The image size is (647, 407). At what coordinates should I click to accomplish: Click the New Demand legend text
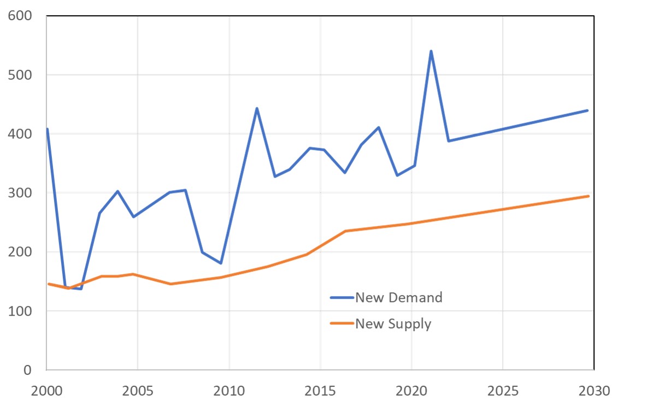click(x=398, y=298)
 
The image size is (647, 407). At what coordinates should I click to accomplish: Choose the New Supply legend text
click(x=393, y=324)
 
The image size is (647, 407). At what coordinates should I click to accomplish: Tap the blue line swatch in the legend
click(x=342, y=298)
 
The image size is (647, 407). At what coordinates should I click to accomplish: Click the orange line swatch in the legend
click(x=342, y=324)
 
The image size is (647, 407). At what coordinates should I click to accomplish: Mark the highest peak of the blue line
click(x=431, y=51)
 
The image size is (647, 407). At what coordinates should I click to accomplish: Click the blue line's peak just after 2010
click(x=257, y=108)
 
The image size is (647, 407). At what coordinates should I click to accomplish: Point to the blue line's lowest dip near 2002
click(x=81, y=288)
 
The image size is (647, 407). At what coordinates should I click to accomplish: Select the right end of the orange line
click(x=588, y=196)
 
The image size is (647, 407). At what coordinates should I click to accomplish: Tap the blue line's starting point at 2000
click(x=48, y=129)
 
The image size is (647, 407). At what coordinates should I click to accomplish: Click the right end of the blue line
click(x=588, y=110)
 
